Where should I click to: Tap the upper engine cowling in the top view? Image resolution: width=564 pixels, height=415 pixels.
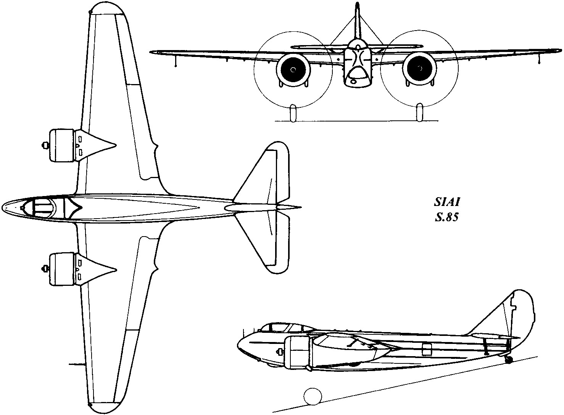[x=62, y=145]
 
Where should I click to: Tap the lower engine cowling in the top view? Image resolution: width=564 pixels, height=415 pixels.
[x=62, y=269]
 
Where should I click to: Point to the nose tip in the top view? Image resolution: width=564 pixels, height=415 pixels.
[x=4, y=207]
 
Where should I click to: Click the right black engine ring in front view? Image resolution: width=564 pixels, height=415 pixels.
[x=420, y=70]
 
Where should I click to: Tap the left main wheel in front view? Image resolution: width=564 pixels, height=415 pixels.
[x=293, y=112]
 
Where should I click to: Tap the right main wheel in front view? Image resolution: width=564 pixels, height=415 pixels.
[x=420, y=112]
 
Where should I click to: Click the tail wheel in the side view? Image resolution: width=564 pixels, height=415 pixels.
[x=509, y=359]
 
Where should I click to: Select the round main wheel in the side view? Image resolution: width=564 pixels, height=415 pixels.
[x=313, y=396]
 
